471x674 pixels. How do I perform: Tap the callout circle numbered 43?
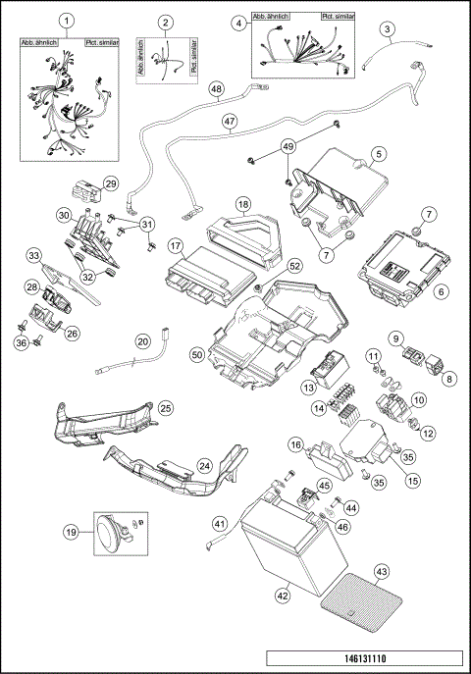381,571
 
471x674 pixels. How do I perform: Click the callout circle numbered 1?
66,21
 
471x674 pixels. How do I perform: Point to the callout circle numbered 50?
197,352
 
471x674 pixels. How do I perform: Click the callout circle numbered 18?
243,206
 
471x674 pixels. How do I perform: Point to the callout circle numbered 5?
378,154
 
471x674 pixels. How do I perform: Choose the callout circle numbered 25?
165,406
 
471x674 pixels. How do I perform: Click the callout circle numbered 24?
205,465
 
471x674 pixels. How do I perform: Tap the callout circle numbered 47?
229,123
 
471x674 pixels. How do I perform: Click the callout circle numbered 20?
142,342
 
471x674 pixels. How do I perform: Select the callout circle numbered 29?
111,183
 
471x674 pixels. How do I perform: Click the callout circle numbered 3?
389,29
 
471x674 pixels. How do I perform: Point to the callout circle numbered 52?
293,267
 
